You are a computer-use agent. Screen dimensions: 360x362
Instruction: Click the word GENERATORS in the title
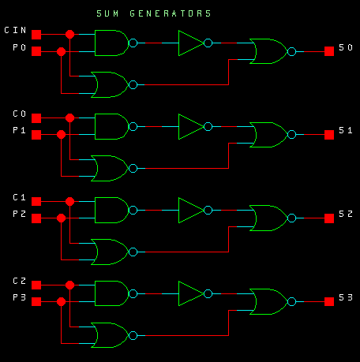(x=171, y=13)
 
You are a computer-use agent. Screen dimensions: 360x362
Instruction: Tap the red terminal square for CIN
(x=36, y=35)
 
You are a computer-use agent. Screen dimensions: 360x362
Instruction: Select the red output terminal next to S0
(x=329, y=51)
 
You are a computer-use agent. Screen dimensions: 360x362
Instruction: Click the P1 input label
(x=19, y=130)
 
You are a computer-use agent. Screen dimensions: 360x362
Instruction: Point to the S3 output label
(x=346, y=297)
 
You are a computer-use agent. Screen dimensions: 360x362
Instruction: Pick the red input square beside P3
(x=36, y=301)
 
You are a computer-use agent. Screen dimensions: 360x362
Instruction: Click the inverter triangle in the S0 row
(x=191, y=43)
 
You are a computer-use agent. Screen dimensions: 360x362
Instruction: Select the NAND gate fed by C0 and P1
(x=112, y=126)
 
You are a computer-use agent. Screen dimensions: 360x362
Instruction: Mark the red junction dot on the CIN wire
(x=69, y=34)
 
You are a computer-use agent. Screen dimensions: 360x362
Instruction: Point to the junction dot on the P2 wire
(x=61, y=218)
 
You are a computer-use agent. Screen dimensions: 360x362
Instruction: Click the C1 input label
(x=19, y=197)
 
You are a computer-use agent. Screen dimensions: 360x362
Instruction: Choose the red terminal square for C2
(x=36, y=285)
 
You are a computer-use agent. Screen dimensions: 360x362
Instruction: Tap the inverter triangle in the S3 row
(x=191, y=293)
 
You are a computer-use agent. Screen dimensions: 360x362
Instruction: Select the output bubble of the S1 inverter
(x=208, y=126)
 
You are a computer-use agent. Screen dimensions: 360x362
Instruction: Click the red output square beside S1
(x=329, y=135)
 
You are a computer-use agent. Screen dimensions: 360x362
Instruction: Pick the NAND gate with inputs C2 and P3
(x=112, y=293)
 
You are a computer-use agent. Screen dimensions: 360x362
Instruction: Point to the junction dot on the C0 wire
(x=69, y=118)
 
